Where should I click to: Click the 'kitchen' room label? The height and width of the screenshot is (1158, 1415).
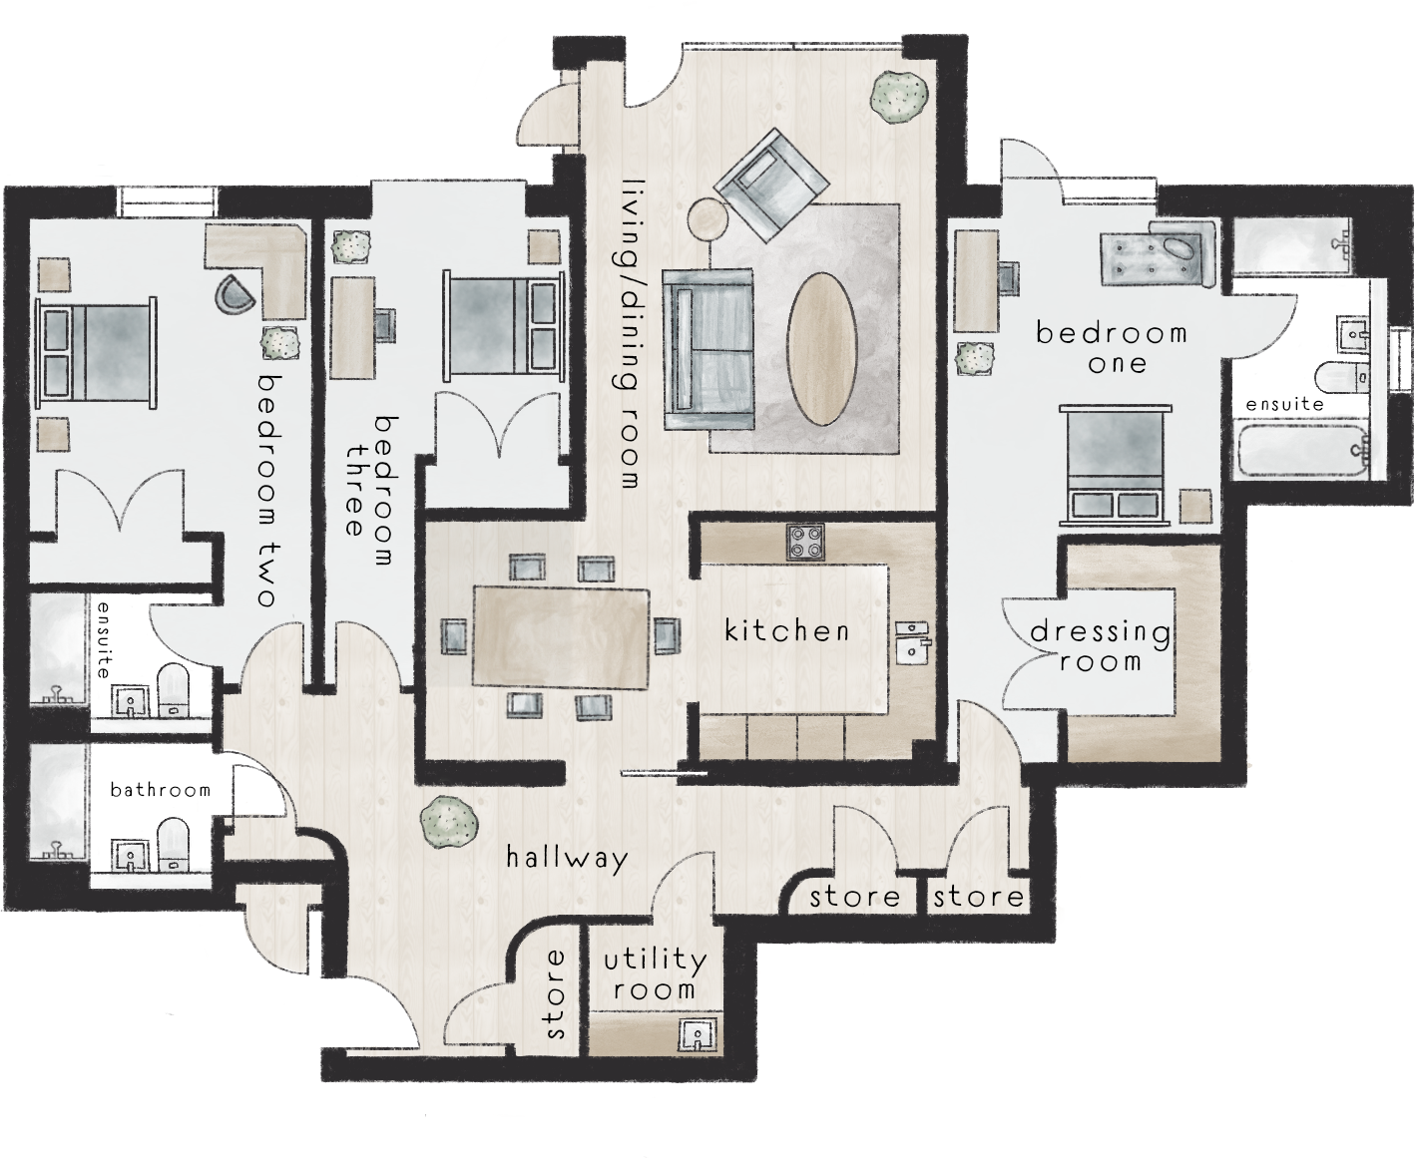tap(786, 630)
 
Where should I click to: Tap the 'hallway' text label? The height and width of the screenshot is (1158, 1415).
tap(567, 858)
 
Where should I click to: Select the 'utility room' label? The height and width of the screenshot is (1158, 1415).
tap(655, 974)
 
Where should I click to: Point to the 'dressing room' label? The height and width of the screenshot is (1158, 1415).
tap(1100, 645)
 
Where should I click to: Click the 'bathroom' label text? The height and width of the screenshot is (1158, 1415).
tap(161, 790)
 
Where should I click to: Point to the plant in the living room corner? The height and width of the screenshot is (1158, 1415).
tap(896, 97)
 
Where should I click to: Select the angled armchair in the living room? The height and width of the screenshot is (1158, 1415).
tap(772, 185)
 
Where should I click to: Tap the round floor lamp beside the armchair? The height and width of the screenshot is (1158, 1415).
tap(711, 219)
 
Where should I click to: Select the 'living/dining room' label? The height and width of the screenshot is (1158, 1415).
tap(631, 332)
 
